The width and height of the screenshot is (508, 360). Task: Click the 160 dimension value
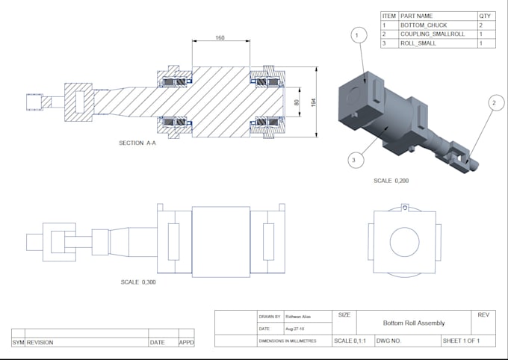point(220,37)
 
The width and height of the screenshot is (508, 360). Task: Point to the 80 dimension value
point(297,102)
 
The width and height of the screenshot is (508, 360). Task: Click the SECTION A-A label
point(137,143)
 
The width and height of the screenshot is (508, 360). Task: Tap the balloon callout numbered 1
point(357,35)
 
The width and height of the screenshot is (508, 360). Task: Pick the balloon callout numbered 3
point(354,158)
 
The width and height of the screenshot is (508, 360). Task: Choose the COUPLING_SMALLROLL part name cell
point(433,34)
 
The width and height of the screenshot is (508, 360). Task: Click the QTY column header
point(486,15)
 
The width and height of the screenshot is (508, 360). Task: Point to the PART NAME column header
point(417,15)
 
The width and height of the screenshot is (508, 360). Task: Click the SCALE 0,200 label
point(391,180)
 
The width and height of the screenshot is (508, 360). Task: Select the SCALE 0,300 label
point(138,282)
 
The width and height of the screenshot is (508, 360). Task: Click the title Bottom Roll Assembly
point(414,323)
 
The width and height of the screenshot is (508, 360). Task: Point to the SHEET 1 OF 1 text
point(461,341)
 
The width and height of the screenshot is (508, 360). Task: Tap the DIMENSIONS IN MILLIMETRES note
point(288,341)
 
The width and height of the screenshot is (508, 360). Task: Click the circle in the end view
point(404,240)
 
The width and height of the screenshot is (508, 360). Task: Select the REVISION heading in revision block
point(40,343)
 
